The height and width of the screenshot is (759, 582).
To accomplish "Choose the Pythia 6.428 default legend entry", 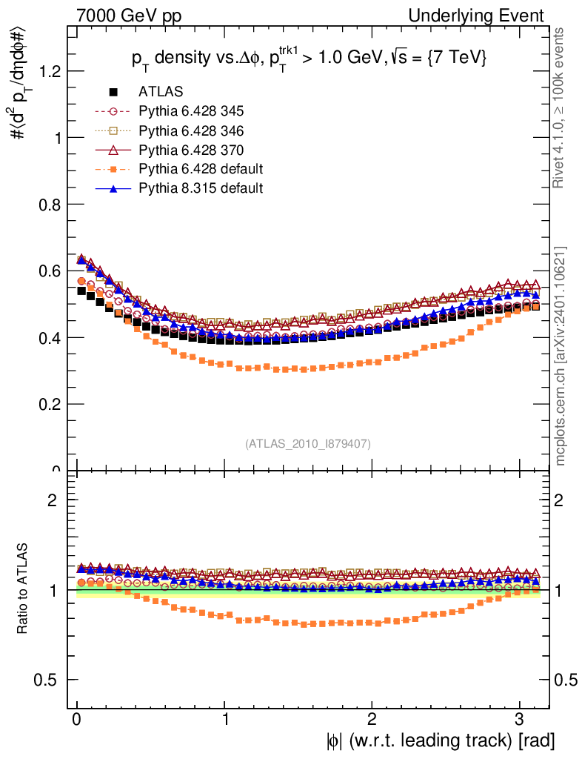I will (x=201, y=170).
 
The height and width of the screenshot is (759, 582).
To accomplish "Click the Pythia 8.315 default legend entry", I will (x=201, y=189).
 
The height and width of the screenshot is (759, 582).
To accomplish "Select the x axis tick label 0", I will (x=77, y=719).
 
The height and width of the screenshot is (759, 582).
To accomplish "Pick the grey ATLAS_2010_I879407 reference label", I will (x=308, y=444).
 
